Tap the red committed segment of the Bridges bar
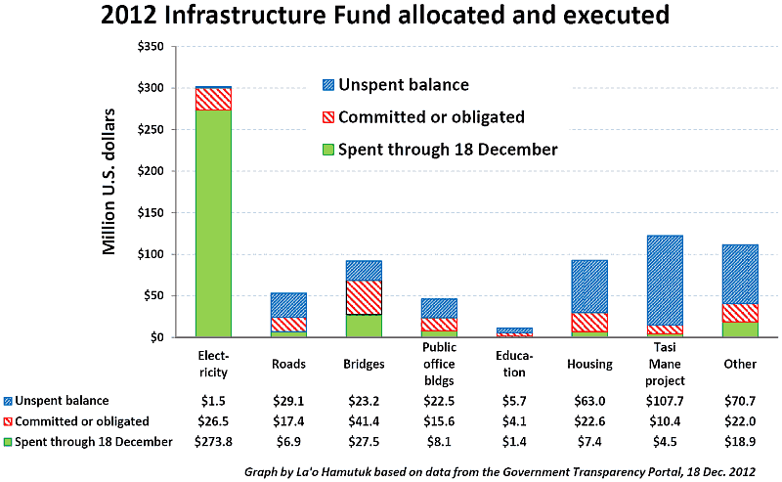click(x=364, y=297)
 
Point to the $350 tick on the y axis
click(x=151, y=46)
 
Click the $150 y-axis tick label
click(x=151, y=212)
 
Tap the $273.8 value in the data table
click(x=213, y=442)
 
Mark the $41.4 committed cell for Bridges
click(x=364, y=421)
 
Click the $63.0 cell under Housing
click(x=589, y=401)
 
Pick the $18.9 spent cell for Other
click(x=740, y=442)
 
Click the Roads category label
click(x=288, y=364)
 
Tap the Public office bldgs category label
click(x=439, y=364)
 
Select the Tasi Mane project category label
click(x=665, y=364)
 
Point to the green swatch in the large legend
click(x=327, y=150)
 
